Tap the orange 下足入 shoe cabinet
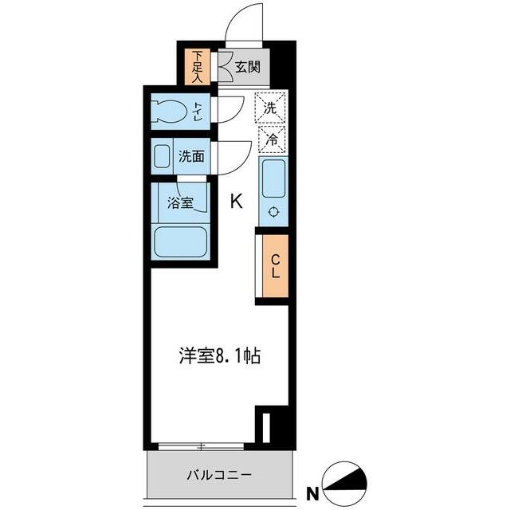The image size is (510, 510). (x=197, y=68)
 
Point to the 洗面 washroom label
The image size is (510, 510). (x=190, y=157)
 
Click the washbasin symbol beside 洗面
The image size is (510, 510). (x=162, y=156)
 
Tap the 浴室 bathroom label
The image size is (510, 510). (x=180, y=202)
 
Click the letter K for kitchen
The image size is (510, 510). (x=237, y=202)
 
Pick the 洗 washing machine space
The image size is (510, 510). (x=270, y=105)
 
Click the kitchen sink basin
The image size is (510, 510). (x=273, y=176)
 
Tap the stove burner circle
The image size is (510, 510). (x=273, y=212)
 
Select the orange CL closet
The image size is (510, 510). (x=273, y=266)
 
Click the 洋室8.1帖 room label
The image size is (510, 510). (x=218, y=356)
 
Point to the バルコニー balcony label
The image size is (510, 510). (x=219, y=475)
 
